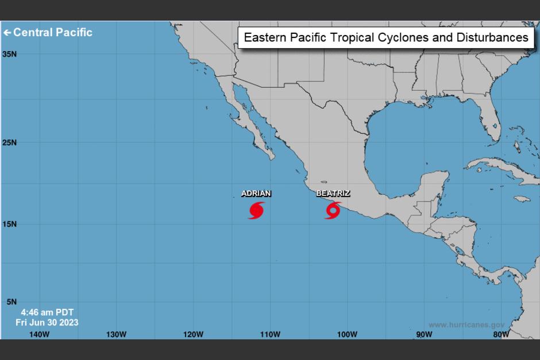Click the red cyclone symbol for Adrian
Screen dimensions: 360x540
pos(256,210)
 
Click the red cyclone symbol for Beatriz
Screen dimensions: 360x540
pos(333,210)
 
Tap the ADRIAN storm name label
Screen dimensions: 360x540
pos(256,193)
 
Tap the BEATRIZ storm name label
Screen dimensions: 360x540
pos(333,193)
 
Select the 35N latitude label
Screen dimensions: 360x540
pos(9,54)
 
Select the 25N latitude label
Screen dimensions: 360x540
pos(9,142)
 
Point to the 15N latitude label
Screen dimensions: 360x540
pos(9,224)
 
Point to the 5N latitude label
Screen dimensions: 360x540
pos(11,302)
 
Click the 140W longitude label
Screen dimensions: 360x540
pos(39,334)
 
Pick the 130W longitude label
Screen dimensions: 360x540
pos(116,334)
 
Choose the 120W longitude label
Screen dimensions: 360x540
pos(193,334)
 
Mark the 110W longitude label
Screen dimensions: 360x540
pos(270,334)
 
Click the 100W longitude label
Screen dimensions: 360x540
pos(347,334)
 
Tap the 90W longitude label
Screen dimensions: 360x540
pos(424,334)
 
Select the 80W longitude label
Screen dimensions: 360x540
pos(501,334)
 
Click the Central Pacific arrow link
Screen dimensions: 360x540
pos(48,32)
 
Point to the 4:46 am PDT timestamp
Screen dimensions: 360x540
pos(47,312)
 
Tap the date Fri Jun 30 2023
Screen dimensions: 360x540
pos(47,322)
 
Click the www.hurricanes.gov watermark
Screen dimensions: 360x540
pos(466,324)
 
